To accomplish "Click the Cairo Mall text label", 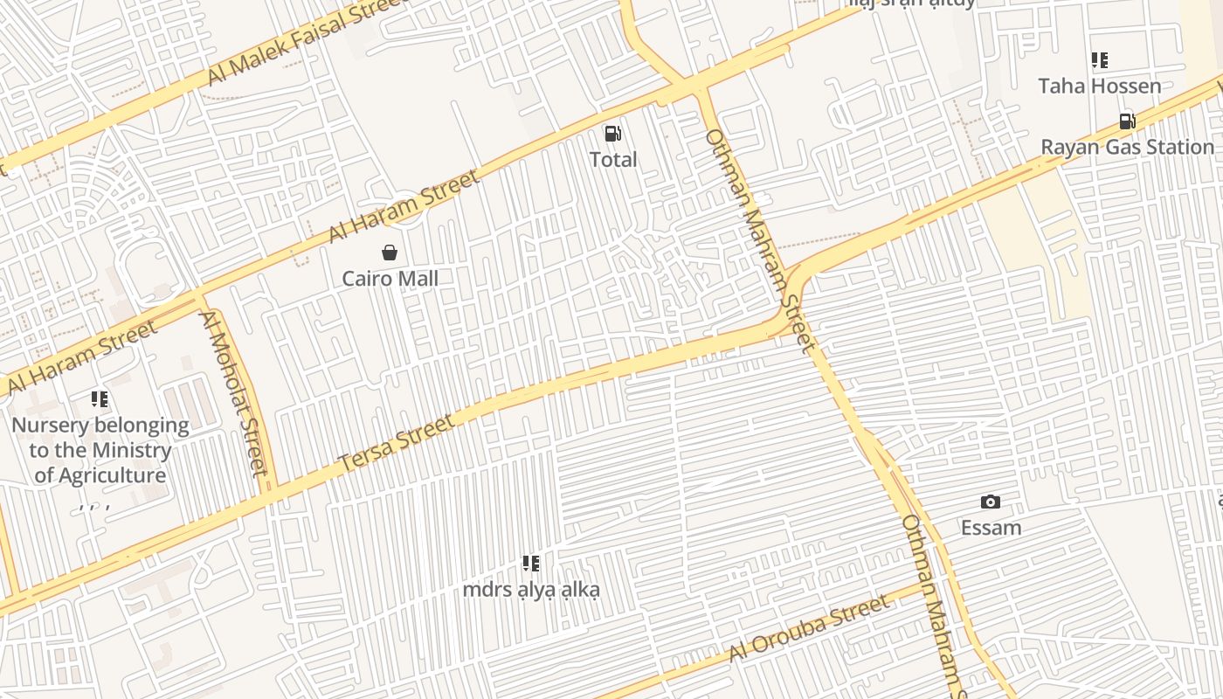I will click(390, 279).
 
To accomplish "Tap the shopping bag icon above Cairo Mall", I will click(390, 253).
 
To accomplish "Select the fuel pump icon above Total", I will click(613, 134).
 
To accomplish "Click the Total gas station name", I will click(613, 160).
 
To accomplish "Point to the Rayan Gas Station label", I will click(1127, 147).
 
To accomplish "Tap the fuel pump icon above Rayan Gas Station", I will click(1128, 121).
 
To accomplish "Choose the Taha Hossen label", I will click(1099, 86).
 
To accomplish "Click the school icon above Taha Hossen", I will click(1100, 60).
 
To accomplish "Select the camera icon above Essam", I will click(990, 502).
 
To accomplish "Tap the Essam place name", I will click(991, 528).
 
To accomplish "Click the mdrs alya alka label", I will click(531, 590).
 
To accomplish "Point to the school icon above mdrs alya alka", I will click(531, 564).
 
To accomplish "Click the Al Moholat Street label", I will click(233, 393).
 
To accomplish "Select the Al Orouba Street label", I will click(809, 628).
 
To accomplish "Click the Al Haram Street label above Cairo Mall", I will click(404, 208).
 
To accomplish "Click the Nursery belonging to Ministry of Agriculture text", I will click(100, 450).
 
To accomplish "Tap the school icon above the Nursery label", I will click(100, 399).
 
